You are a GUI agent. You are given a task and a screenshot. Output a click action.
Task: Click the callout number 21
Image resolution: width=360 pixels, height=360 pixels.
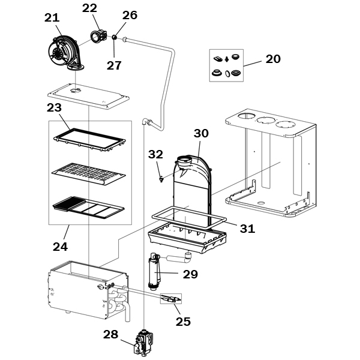click(52, 18)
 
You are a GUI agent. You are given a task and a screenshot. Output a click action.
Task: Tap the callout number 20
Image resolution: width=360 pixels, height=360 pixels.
click(273, 59)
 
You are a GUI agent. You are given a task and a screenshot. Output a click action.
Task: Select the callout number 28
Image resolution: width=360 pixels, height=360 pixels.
click(110, 334)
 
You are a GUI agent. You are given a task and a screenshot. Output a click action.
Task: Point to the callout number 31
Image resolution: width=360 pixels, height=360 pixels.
click(247, 229)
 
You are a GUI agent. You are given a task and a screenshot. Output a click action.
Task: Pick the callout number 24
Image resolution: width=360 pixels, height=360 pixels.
click(61, 247)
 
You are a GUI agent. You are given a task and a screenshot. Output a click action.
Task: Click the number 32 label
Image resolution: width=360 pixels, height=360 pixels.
click(155, 154)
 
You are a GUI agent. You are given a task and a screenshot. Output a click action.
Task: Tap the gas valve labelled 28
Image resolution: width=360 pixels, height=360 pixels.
click(143, 343)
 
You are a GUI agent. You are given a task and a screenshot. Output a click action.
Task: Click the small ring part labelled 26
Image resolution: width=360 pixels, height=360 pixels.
click(115, 37)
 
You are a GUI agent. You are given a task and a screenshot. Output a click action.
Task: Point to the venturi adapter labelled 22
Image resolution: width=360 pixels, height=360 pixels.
click(99, 36)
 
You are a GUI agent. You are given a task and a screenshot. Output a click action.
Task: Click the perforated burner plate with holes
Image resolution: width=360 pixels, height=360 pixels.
click(89, 174)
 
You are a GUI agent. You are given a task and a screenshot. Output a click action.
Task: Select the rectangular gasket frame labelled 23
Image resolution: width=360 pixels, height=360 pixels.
click(89, 139)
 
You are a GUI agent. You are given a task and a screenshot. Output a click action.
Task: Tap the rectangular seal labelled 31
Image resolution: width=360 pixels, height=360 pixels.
click(189, 218)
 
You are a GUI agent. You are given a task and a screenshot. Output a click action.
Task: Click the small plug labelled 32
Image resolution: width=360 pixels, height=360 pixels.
click(161, 179)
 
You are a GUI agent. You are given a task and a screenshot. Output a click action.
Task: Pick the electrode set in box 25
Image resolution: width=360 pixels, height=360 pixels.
click(171, 299)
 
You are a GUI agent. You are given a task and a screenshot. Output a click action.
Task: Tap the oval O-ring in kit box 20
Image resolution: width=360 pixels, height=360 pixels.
click(227, 74)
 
